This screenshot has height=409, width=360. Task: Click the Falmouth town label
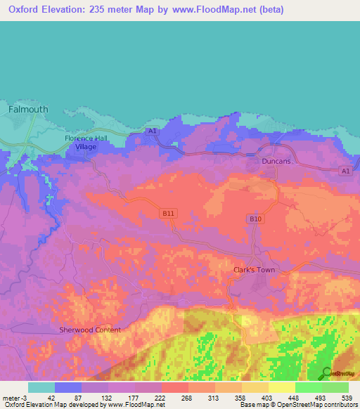[29, 110]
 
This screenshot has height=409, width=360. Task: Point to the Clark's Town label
[254, 270]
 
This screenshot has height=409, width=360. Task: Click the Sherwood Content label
[90, 330]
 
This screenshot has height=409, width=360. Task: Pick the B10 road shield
[256, 219]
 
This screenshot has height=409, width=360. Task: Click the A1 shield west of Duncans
[153, 131]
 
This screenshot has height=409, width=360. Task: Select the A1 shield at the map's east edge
[344, 171]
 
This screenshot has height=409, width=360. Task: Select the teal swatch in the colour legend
[41, 387]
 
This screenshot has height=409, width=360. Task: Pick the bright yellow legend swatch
[282, 387]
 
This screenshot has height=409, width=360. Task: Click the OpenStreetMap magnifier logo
[326, 373]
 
